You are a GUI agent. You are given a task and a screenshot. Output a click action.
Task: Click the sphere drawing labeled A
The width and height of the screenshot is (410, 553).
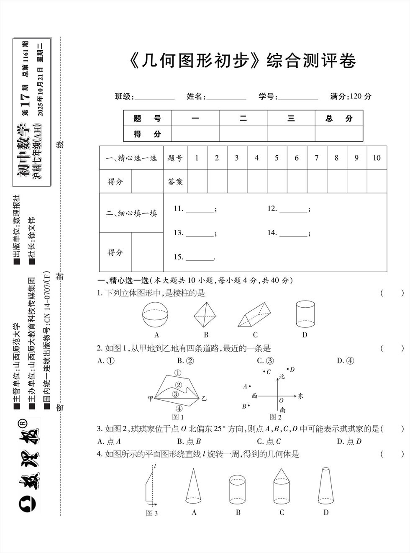click(x=157, y=315)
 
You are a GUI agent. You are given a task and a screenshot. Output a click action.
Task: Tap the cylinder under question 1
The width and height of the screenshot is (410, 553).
click(x=305, y=314)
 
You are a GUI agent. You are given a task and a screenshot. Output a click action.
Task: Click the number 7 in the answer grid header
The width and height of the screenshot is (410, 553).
click(x=317, y=158)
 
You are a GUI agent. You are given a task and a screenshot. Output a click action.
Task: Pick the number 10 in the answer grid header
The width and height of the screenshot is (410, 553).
click(x=377, y=158)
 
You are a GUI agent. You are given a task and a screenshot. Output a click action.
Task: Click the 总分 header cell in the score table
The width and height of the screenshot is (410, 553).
click(x=339, y=118)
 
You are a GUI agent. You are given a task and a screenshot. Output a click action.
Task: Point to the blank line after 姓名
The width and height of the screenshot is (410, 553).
click(x=226, y=97)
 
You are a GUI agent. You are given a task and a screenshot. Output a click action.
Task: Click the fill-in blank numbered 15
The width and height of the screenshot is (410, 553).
click(x=200, y=257)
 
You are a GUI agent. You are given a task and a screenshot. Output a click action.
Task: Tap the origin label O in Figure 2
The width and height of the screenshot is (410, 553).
click(x=281, y=401)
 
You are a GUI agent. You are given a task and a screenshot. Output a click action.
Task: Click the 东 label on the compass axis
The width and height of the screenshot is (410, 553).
click(x=300, y=396)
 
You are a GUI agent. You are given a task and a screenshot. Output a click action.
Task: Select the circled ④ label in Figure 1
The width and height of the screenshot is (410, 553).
click(x=179, y=408)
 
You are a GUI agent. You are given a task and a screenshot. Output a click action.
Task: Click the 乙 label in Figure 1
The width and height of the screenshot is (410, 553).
click(x=204, y=399)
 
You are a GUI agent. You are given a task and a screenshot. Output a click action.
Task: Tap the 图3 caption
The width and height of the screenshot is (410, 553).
click(x=152, y=513)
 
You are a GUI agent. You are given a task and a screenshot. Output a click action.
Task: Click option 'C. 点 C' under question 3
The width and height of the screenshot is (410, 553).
click(x=269, y=441)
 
